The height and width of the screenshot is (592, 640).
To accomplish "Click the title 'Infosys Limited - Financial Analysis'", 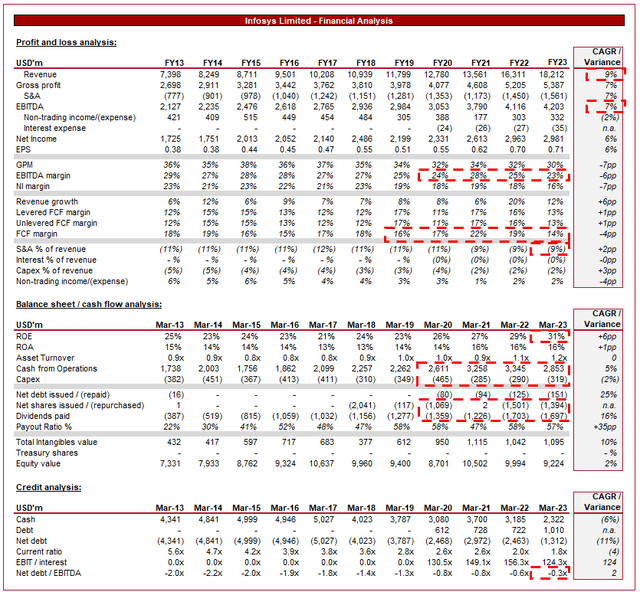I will [x=320, y=21].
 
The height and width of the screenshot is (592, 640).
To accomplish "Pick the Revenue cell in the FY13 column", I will [x=171, y=74].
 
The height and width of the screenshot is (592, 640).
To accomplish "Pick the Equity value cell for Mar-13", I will [x=171, y=464].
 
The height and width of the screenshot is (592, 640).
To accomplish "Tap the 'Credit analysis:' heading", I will [x=50, y=487].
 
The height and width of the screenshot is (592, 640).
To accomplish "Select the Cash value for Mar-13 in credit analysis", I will [x=171, y=518].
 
